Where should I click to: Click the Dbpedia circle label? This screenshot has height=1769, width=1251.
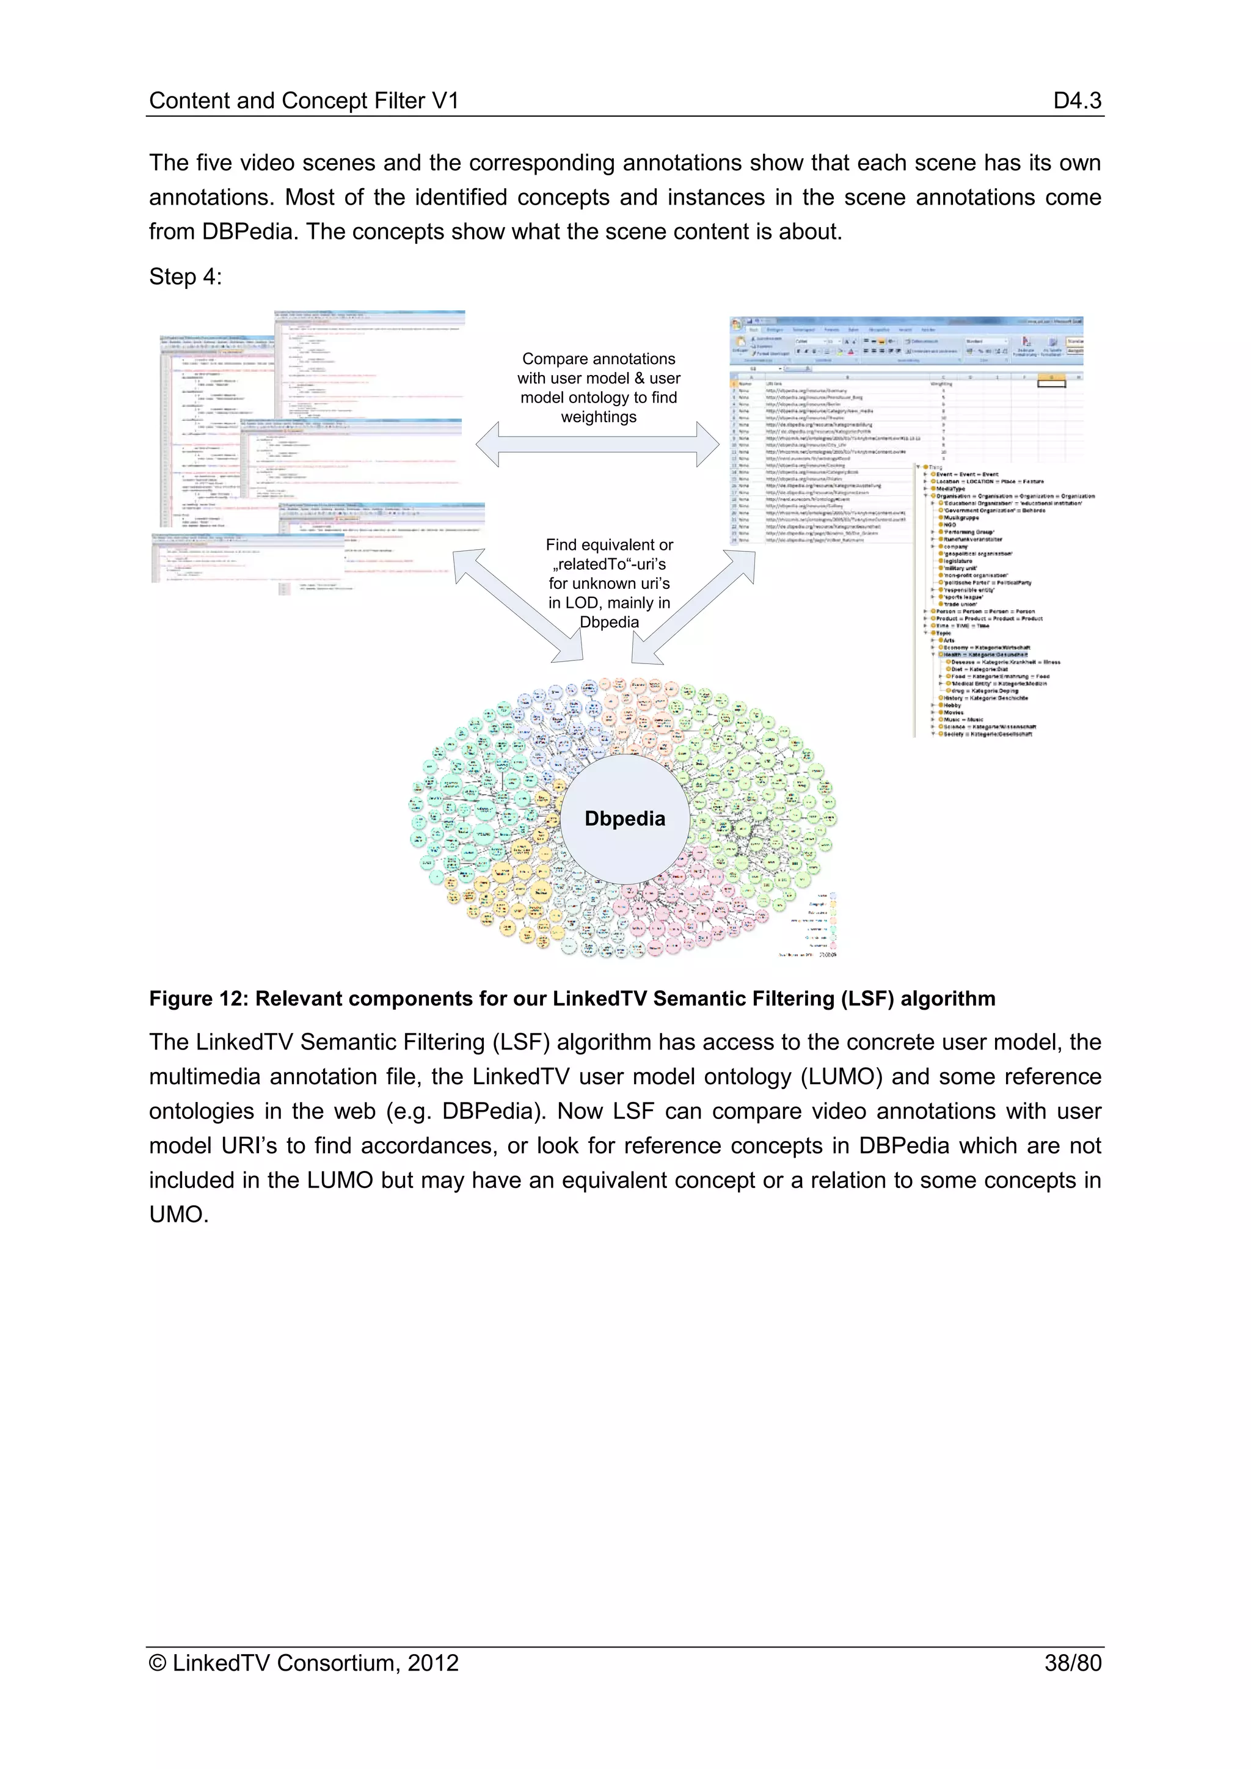click(625, 819)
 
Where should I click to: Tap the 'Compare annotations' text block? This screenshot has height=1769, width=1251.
click(599, 387)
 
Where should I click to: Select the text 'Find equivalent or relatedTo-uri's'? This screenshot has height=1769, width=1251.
click(610, 554)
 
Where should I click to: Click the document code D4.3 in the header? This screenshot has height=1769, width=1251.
click(1077, 100)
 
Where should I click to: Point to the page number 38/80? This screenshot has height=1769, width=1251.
click(1072, 1663)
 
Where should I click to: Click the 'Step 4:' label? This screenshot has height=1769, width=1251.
click(185, 277)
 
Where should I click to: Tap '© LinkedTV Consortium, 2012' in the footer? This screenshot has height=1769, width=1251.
click(304, 1663)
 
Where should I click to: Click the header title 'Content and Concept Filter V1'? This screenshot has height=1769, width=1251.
click(304, 100)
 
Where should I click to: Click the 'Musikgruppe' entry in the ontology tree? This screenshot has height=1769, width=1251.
click(961, 518)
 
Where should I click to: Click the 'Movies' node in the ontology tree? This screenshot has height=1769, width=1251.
click(954, 713)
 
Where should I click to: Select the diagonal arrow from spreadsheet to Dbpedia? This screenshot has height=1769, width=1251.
click(693, 607)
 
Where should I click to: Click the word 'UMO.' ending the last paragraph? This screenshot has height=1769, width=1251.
click(179, 1216)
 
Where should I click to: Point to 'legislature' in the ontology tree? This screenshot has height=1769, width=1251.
click(958, 561)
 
